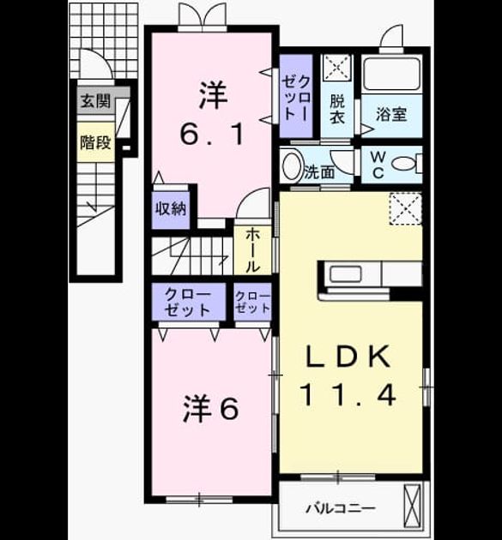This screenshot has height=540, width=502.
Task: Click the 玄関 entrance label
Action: (x=95, y=101)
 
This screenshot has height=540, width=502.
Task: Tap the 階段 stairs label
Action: (x=95, y=142)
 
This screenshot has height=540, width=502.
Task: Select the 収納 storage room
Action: (x=171, y=209)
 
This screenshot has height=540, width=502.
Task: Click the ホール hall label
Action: (x=253, y=250)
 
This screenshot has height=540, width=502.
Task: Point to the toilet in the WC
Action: (x=406, y=163)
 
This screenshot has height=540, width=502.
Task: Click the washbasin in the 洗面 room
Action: (x=292, y=165)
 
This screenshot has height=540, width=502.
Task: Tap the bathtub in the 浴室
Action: (x=391, y=74)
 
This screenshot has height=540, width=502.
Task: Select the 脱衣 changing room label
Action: (x=337, y=109)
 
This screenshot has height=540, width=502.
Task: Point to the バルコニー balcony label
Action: (x=341, y=508)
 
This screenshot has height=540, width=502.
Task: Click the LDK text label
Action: (x=348, y=357)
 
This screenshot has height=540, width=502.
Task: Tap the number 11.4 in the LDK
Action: (x=348, y=395)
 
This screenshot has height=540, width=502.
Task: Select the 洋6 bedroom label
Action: (x=210, y=409)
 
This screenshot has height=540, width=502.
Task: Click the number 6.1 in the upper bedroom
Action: (x=211, y=134)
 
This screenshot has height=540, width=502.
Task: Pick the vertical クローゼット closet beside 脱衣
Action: (x=296, y=96)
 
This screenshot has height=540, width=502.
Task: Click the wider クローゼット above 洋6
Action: (x=189, y=302)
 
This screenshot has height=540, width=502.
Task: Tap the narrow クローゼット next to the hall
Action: (x=253, y=302)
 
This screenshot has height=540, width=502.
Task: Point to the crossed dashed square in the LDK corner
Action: (x=406, y=208)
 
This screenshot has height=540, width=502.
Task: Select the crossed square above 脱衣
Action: (x=337, y=68)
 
